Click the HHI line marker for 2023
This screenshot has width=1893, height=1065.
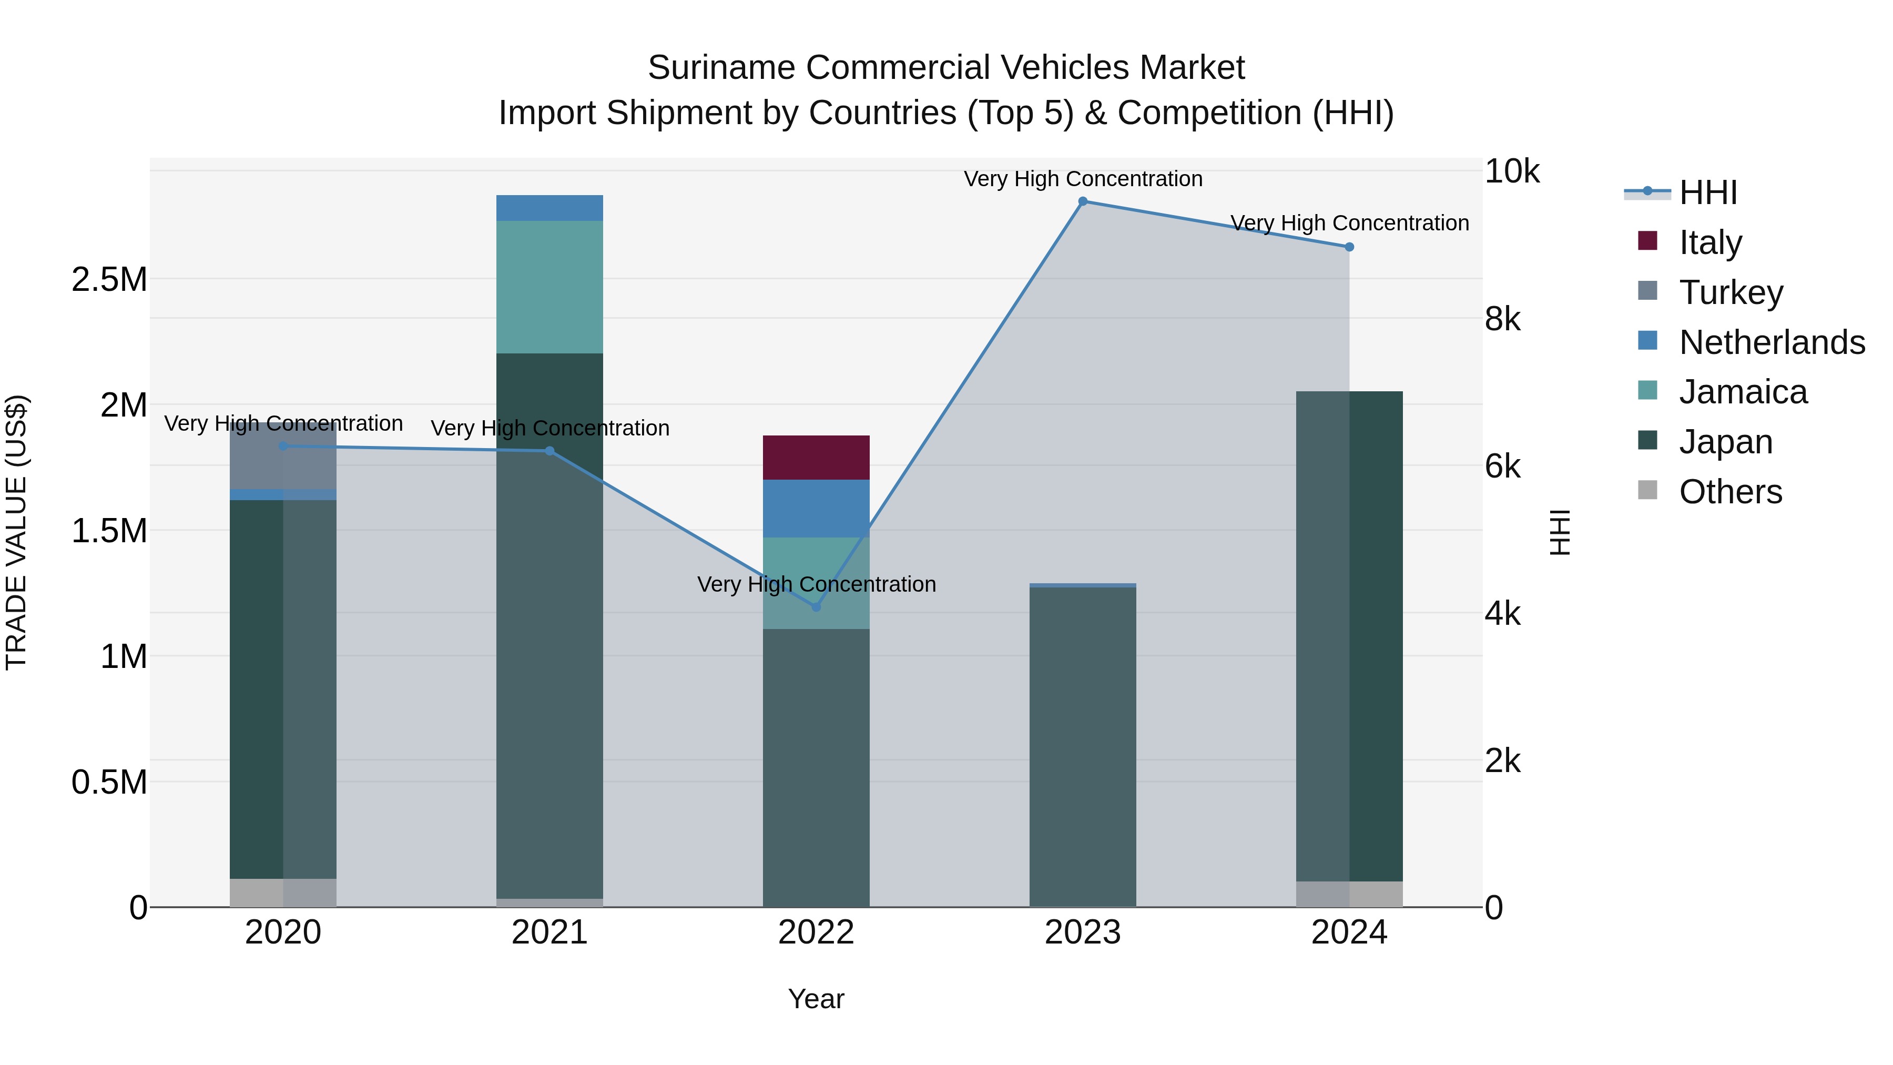click(1083, 201)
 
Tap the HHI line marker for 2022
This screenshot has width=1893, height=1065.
click(816, 607)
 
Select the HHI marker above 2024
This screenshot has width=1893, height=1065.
click(1349, 247)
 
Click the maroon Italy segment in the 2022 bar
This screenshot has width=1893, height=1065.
click(816, 457)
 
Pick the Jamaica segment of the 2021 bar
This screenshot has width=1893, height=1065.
click(549, 287)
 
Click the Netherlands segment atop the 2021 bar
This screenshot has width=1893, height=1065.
click(549, 208)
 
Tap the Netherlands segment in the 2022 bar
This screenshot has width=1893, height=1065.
click(816, 509)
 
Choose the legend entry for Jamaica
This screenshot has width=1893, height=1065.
click(1743, 392)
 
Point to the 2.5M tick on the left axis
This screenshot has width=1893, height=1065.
click(109, 280)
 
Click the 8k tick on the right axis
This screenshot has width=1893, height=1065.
click(1503, 319)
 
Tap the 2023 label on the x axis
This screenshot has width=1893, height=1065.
click(1083, 932)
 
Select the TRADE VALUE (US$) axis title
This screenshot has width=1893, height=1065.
click(16, 532)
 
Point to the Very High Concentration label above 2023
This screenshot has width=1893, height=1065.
click(1083, 179)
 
